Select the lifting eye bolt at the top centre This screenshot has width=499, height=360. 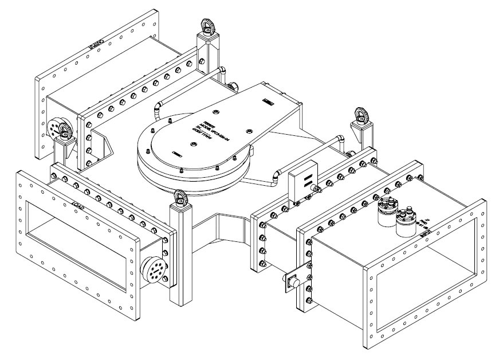pos(206,26)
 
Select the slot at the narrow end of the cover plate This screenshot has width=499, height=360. pos(266,103)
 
